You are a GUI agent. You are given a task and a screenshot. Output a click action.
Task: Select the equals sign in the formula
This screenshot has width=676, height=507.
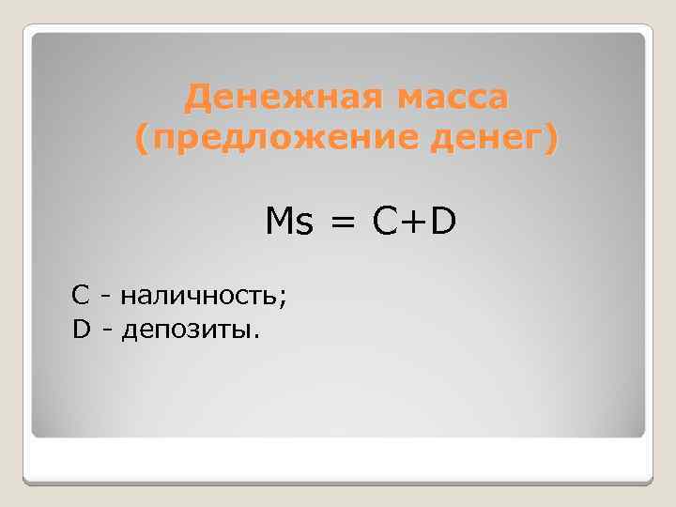click(344, 223)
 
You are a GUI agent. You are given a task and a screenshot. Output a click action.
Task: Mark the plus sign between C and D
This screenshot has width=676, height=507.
click(414, 223)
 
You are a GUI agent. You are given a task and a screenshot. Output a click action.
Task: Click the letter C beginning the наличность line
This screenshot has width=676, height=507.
click(81, 296)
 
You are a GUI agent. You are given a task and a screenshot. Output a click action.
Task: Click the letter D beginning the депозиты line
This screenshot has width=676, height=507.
click(82, 330)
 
